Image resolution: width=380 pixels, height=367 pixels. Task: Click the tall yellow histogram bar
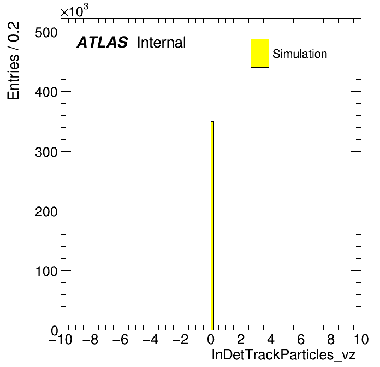(x=212, y=226)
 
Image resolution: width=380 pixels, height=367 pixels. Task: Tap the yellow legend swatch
(x=260, y=53)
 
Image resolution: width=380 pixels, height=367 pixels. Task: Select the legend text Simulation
(x=300, y=54)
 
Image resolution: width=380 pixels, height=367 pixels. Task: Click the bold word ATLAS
(x=102, y=42)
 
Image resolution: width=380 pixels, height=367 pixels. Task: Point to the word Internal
(x=162, y=43)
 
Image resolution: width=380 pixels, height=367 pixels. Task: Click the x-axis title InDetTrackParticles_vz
(x=283, y=355)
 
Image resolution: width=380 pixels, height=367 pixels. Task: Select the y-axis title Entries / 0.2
(x=13, y=61)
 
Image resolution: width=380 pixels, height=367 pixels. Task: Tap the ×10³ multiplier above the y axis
(x=74, y=11)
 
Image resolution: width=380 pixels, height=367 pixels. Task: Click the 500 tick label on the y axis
(x=46, y=32)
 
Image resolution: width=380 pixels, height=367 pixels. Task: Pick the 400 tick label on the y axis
(x=46, y=92)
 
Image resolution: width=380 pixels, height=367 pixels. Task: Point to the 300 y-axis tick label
(x=46, y=152)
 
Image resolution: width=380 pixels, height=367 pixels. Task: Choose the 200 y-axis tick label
(x=46, y=211)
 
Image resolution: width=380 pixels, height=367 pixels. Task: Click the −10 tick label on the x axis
(x=61, y=339)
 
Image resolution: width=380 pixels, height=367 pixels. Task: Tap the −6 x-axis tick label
(x=121, y=339)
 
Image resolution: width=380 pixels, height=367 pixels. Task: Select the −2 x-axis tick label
(x=181, y=339)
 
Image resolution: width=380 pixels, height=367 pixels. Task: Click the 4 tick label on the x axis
(x=271, y=339)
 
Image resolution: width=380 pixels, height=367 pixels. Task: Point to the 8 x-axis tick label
(x=331, y=339)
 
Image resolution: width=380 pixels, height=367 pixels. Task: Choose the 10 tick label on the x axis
(x=361, y=339)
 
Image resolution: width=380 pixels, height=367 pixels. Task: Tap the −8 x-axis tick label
(x=91, y=339)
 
